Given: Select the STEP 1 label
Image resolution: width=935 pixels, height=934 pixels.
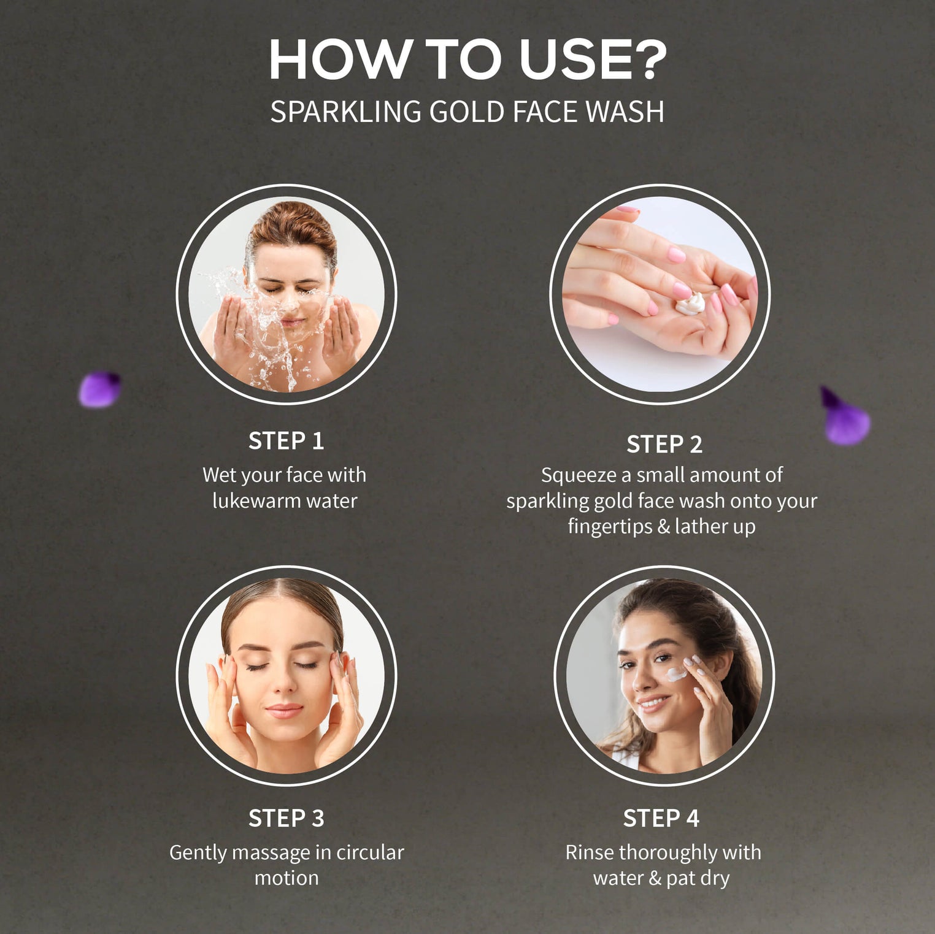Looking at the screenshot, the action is [286, 441].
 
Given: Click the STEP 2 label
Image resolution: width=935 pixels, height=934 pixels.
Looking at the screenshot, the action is [664, 444].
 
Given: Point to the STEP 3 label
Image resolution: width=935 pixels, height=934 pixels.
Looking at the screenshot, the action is [286, 818].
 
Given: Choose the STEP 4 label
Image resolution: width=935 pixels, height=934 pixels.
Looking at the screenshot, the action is [661, 818].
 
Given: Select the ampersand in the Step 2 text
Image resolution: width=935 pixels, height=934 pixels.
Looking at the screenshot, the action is [663, 527].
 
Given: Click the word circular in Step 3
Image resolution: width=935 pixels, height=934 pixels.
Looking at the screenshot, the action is [370, 852].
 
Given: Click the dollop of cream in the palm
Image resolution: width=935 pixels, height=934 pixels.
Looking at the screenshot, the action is [690, 304].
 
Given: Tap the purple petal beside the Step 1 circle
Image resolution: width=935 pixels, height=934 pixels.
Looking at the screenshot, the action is [100, 389].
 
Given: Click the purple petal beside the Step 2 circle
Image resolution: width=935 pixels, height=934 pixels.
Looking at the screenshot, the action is [845, 417].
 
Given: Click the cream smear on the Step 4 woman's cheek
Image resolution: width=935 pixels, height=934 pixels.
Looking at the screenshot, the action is [676, 675].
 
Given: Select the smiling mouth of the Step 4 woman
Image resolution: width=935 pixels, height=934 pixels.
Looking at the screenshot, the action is [653, 703].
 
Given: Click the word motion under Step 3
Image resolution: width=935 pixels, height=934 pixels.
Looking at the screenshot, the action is [287, 878].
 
